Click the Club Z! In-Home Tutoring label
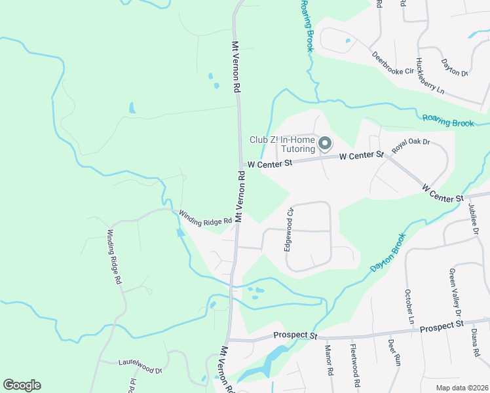pyautogui.click(x=282, y=144)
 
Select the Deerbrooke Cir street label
pyautogui.click(x=393, y=62)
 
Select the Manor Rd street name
pyautogui.click(x=328, y=361)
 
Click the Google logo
pyautogui.click(x=22, y=385)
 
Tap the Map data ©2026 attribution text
pyautogui.click(x=462, y=388)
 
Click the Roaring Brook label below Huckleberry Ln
pyautogui.click(x=448, y=121)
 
